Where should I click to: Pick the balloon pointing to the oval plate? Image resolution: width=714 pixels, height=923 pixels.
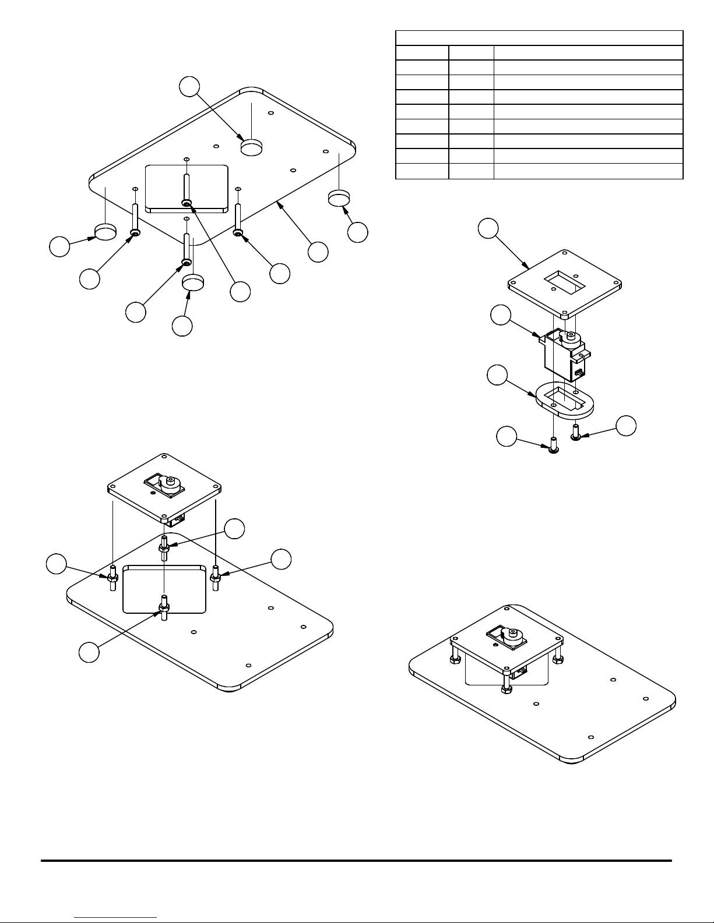pos(497,375)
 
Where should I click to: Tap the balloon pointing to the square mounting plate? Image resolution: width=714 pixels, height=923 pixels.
pos(488,228)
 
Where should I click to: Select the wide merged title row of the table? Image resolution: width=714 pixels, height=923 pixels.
pos(539,38)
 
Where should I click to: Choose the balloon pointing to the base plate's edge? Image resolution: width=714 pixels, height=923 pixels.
pos(318,252)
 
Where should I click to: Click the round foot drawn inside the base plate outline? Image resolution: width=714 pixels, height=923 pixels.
pos(251,147)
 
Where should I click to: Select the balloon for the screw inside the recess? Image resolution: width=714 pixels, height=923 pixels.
pos(240,291)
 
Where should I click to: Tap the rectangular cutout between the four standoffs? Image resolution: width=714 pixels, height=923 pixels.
pos(165,588)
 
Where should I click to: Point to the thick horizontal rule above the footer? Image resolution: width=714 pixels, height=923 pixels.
pos(356,860)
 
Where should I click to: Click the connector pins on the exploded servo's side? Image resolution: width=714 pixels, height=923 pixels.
pos(579,372)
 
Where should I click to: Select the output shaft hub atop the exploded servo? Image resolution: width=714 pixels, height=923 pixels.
pos(570,336)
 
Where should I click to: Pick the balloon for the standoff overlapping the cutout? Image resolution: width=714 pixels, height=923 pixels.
pos(89,652)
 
